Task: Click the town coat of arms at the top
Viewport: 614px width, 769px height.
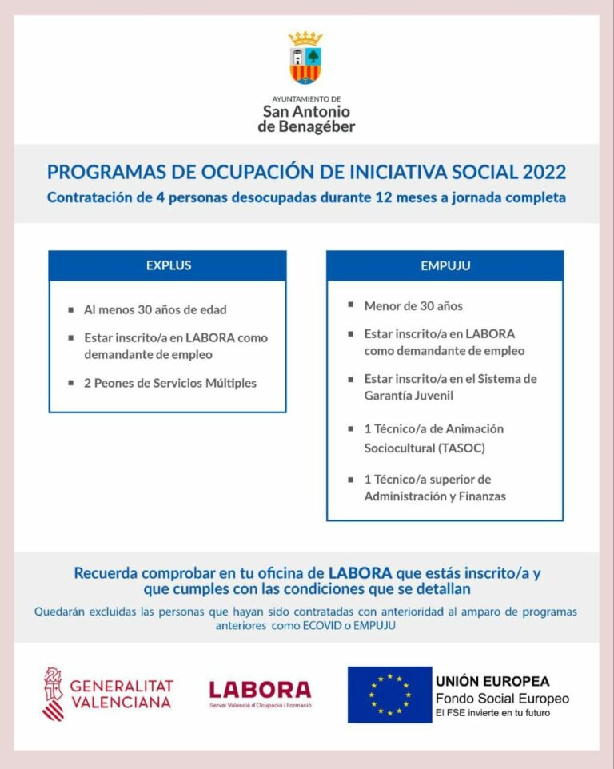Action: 305,60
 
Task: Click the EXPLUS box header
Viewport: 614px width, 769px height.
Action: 168,265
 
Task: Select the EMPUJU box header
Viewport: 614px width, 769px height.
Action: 445,265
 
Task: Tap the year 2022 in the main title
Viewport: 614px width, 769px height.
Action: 544,173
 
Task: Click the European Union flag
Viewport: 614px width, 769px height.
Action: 389,694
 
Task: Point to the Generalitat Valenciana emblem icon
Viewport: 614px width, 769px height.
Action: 53,693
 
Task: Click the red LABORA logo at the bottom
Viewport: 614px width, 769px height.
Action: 260,690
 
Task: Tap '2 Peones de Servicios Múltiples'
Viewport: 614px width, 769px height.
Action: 170,383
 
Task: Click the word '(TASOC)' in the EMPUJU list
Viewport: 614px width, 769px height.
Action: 460,448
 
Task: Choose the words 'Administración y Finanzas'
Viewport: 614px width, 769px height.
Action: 435,496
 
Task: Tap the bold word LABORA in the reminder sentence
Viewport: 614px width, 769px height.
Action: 360,573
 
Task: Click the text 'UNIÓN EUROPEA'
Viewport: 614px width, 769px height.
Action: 492,682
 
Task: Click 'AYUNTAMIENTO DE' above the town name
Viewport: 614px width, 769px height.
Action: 306,99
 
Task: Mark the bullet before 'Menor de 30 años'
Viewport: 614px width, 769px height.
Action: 351,305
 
